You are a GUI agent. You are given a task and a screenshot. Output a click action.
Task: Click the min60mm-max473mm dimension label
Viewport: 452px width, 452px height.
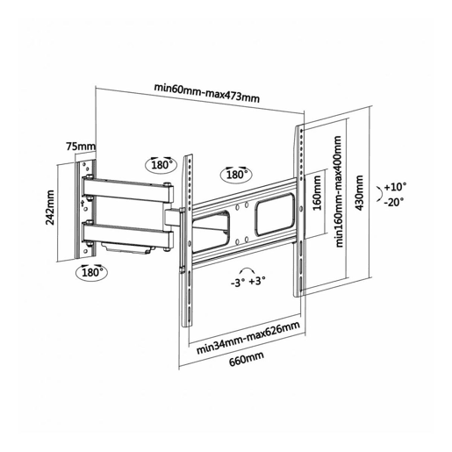tap(207, 92)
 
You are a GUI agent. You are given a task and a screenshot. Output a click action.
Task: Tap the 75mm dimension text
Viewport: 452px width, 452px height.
tap(81, 146)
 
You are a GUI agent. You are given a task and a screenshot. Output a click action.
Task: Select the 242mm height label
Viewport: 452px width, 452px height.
tap(50, 207)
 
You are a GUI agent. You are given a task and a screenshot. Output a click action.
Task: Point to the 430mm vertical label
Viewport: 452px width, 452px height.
tap(359, 192)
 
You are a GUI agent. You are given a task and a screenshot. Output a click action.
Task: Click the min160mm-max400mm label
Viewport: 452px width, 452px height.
tap(339, 191)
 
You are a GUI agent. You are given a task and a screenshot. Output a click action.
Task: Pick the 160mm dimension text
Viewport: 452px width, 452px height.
tap(317, 192)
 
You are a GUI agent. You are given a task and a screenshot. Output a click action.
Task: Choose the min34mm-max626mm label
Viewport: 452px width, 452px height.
tap(248, 338)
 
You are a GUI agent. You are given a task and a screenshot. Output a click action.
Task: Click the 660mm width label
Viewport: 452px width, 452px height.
tap(247, 358)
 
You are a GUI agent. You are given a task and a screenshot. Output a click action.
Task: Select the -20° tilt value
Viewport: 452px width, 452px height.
tap(394, 202)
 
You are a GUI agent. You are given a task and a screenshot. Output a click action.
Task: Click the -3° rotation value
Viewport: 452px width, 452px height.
tap(238, 283)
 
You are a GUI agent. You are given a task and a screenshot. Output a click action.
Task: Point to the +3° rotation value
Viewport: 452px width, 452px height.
tap(257, 281)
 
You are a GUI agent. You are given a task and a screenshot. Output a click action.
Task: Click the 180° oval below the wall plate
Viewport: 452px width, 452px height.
tap(91, 272)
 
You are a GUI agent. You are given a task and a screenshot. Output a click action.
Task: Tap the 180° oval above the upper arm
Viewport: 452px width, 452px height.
tap(161, 165)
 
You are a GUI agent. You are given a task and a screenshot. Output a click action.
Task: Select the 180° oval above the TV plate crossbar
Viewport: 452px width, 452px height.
tap(236, 175)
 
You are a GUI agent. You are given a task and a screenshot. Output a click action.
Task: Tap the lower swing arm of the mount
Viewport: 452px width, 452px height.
tap(128, 234)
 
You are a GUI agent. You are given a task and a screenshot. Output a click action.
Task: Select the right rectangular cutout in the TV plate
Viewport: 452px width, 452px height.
tap(275, 214)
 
